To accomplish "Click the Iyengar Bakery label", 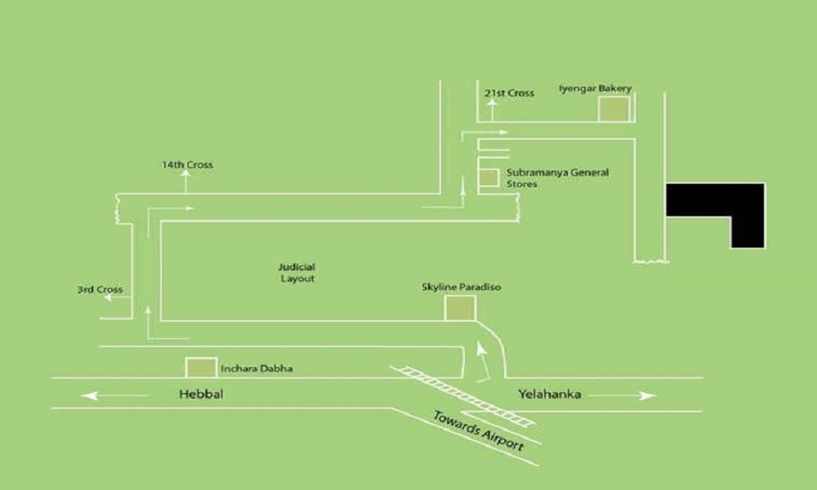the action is click(x=595, y=88).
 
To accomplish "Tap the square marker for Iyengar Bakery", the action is click(x=614, y=109).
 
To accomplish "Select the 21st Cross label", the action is click(x=509, y=93).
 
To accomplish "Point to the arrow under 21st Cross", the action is click(x=492, y=110).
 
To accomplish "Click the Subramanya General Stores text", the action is click(x=557, y=178).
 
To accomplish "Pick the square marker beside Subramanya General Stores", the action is click(x=489, y=177).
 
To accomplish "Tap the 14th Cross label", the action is click(x=187, y=165).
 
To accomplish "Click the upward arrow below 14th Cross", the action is click(x=185, y=181).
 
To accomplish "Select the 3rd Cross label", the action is click(x=100, y=290).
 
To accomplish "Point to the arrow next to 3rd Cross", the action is click(x=116, y=297).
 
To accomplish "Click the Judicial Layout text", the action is click(x=297, y=273).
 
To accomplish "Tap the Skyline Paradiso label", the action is click(x=461, y=287).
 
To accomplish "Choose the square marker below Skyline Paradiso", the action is click(x=460, y=308).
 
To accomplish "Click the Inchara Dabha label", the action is click(x=257, y=368).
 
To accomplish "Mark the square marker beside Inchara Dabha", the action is click(x=201, y=367).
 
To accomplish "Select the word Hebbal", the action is click(x=201, y=394).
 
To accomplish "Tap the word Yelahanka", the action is click(x=550, y=394).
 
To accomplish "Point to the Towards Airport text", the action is click(x=478, y=430).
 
